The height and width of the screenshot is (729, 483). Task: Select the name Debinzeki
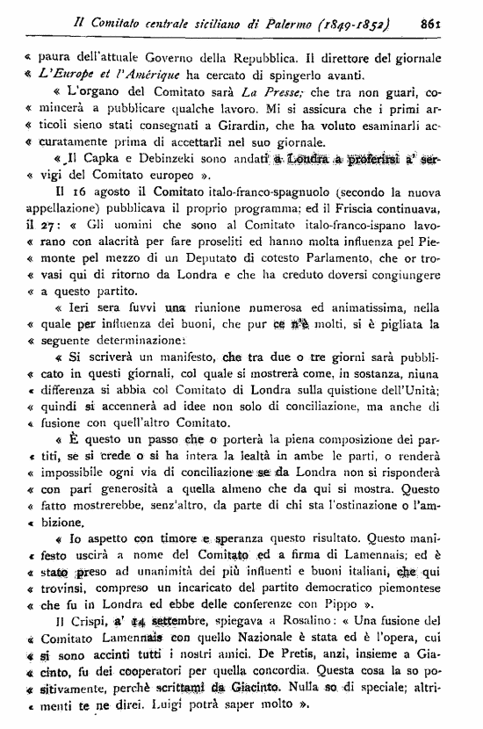(x=153, y=175)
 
